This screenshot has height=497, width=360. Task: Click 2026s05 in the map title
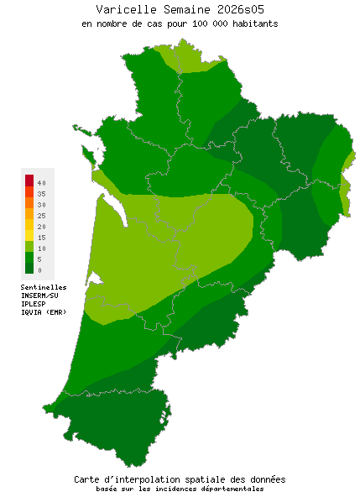pyautogui.click(x=229, y=9)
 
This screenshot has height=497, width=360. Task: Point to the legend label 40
pyautogui.click(x=41, y=182)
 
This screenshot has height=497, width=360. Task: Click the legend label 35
pyautogui.click(x=41, y=194)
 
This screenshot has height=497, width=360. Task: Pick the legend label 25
pyautogui.click(x=41, y=216)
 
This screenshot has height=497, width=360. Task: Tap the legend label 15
pyautogui.click(x=41, y=238)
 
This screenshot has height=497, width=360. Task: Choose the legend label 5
pyautogui.click(x=39, y=259)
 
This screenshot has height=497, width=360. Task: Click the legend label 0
pyautogui.click(x=39, y=270)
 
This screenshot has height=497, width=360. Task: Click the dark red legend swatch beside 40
pyautogui.click(x=29, y=180)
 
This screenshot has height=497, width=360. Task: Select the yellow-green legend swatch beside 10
pyautogui.click(x=29, y=246)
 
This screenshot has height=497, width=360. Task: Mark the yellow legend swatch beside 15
pyautogui.click(x=29, y=235)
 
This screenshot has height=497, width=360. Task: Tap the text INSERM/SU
pyautogui.click(x=39, y=296)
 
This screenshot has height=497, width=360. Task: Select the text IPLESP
pyautogui.click(x=34, y=304)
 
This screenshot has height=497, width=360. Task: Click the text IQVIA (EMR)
pyautogui.click(x=44, y=312)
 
